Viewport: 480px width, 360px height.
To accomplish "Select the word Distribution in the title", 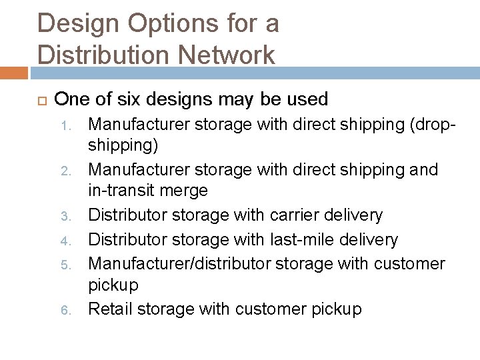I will point(96,55).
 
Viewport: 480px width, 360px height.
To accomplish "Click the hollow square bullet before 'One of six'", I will point(39,101).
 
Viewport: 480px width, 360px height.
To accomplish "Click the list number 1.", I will point(74,124).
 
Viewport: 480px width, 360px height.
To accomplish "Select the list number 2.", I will point(74,171).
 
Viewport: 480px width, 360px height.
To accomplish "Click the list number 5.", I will point(74,264).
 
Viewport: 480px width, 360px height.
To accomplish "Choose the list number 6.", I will point(74,311).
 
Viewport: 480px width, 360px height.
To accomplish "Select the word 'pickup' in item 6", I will point(338,309).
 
